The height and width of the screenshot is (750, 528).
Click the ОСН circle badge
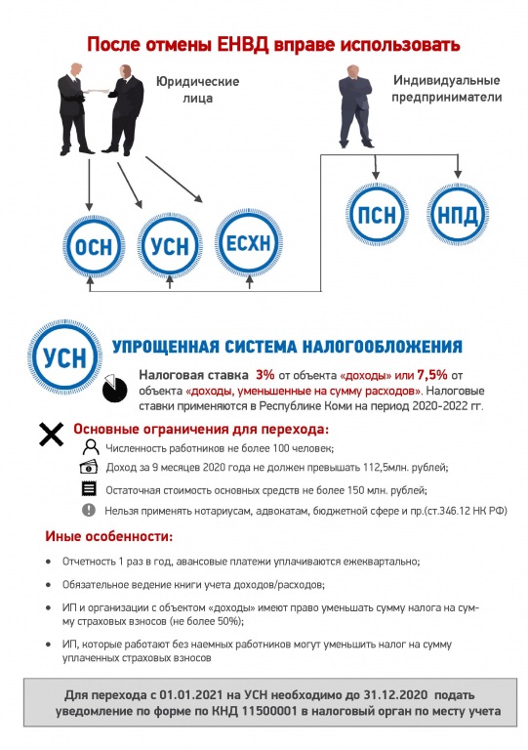(94, 246)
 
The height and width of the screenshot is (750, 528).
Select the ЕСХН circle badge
(249, 243)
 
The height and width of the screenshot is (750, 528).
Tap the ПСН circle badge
(377, 214)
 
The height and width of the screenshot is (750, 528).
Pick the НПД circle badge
(458, 214)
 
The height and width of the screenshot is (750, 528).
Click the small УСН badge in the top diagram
(170, 246)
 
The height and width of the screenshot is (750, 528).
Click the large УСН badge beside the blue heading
(65, 357)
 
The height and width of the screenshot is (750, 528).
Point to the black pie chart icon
(115, 388)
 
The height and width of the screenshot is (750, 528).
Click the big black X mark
(51, 435)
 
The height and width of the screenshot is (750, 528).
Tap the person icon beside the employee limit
(91, 447)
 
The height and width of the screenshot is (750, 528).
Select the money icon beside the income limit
(89, 467)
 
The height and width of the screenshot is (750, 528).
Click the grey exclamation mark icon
(89, 510)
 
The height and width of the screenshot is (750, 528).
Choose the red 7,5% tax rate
(432, 375)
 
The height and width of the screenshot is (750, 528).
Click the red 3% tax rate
(264, 375)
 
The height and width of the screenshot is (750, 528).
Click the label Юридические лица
(197, 90)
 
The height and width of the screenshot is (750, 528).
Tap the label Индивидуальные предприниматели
(447, 89)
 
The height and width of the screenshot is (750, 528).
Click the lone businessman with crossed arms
(355, 106)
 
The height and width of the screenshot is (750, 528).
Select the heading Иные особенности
(109, 536)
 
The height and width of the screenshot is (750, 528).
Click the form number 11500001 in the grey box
(269, 711)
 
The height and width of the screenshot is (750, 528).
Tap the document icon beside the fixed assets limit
(89, 488)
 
